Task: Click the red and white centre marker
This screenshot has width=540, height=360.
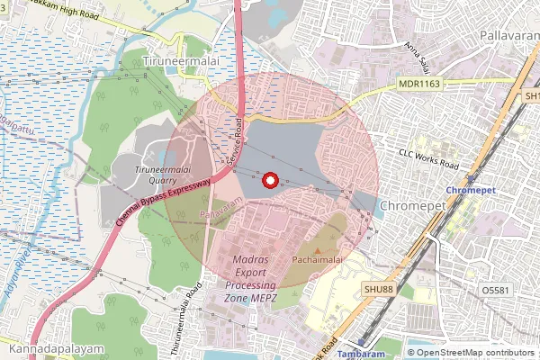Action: [x=268, y=180]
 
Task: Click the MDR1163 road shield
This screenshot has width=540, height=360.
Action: [x=418, y=84]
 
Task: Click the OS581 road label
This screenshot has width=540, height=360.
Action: [x=496, y=291]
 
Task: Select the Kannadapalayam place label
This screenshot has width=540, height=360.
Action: [x=52, y=347]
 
